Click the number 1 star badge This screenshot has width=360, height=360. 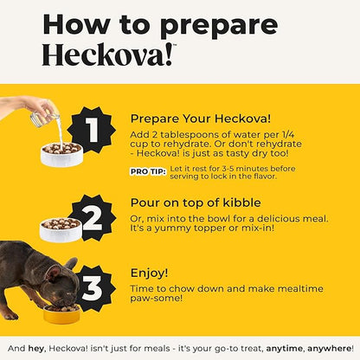[92, 130]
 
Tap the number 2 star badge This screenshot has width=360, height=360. [93, 218]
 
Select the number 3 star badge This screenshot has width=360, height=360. [93, 288]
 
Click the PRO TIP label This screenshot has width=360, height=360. [148, 171]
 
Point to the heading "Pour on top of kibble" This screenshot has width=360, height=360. [196, 202]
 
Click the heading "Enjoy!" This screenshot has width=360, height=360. [149, 273]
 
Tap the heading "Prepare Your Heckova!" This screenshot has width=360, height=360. [201, 119]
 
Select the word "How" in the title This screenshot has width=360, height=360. [76, 24]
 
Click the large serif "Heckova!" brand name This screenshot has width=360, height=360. [108, 55]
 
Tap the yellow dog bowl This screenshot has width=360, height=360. [61, 313]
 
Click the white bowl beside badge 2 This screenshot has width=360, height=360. [61, 229]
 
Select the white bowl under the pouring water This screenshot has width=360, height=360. [61, 154]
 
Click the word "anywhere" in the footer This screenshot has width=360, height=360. [329, 349]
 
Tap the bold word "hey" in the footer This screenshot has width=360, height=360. [35, 349]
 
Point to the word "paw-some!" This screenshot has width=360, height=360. [156, 298]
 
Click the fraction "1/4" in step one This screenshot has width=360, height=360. [288, 135]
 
